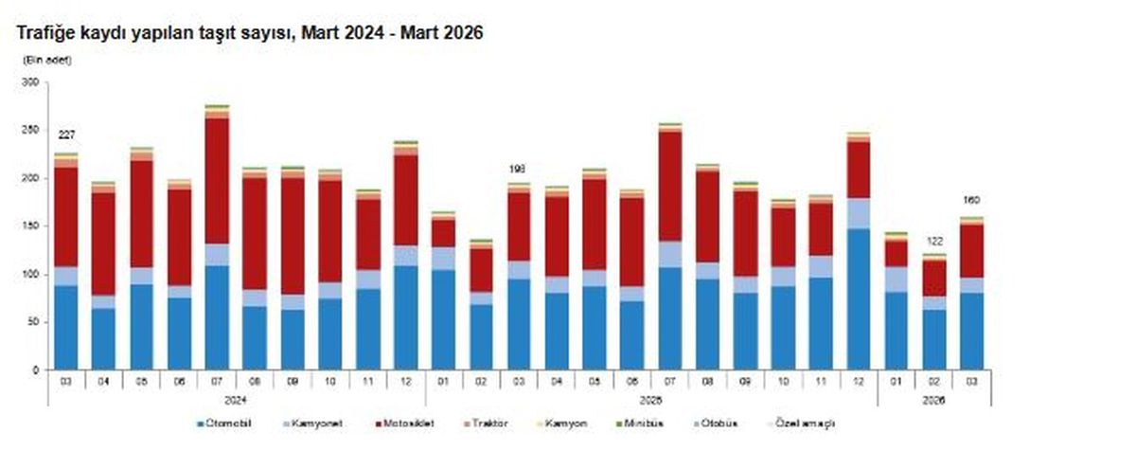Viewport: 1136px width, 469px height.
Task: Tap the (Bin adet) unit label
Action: (x=46, y=60)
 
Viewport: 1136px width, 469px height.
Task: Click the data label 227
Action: (x=66, y=134)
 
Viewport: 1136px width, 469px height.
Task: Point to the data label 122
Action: (x=933, y=241)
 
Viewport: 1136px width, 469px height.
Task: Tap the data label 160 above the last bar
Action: (x=972, y=200)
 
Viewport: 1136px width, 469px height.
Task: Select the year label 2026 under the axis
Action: (x=933, y=399)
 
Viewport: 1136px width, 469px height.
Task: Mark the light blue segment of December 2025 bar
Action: (x=858, y=213)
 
